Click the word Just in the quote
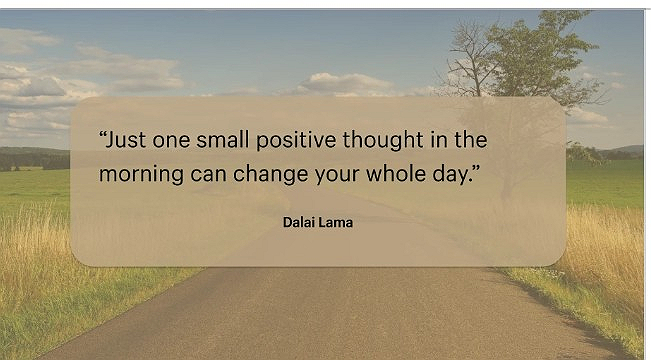[x=129, y=140]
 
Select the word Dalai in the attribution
[x=300, y=222]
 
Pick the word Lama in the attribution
[x=337, y=222]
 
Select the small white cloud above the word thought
[x=345, y=82]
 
